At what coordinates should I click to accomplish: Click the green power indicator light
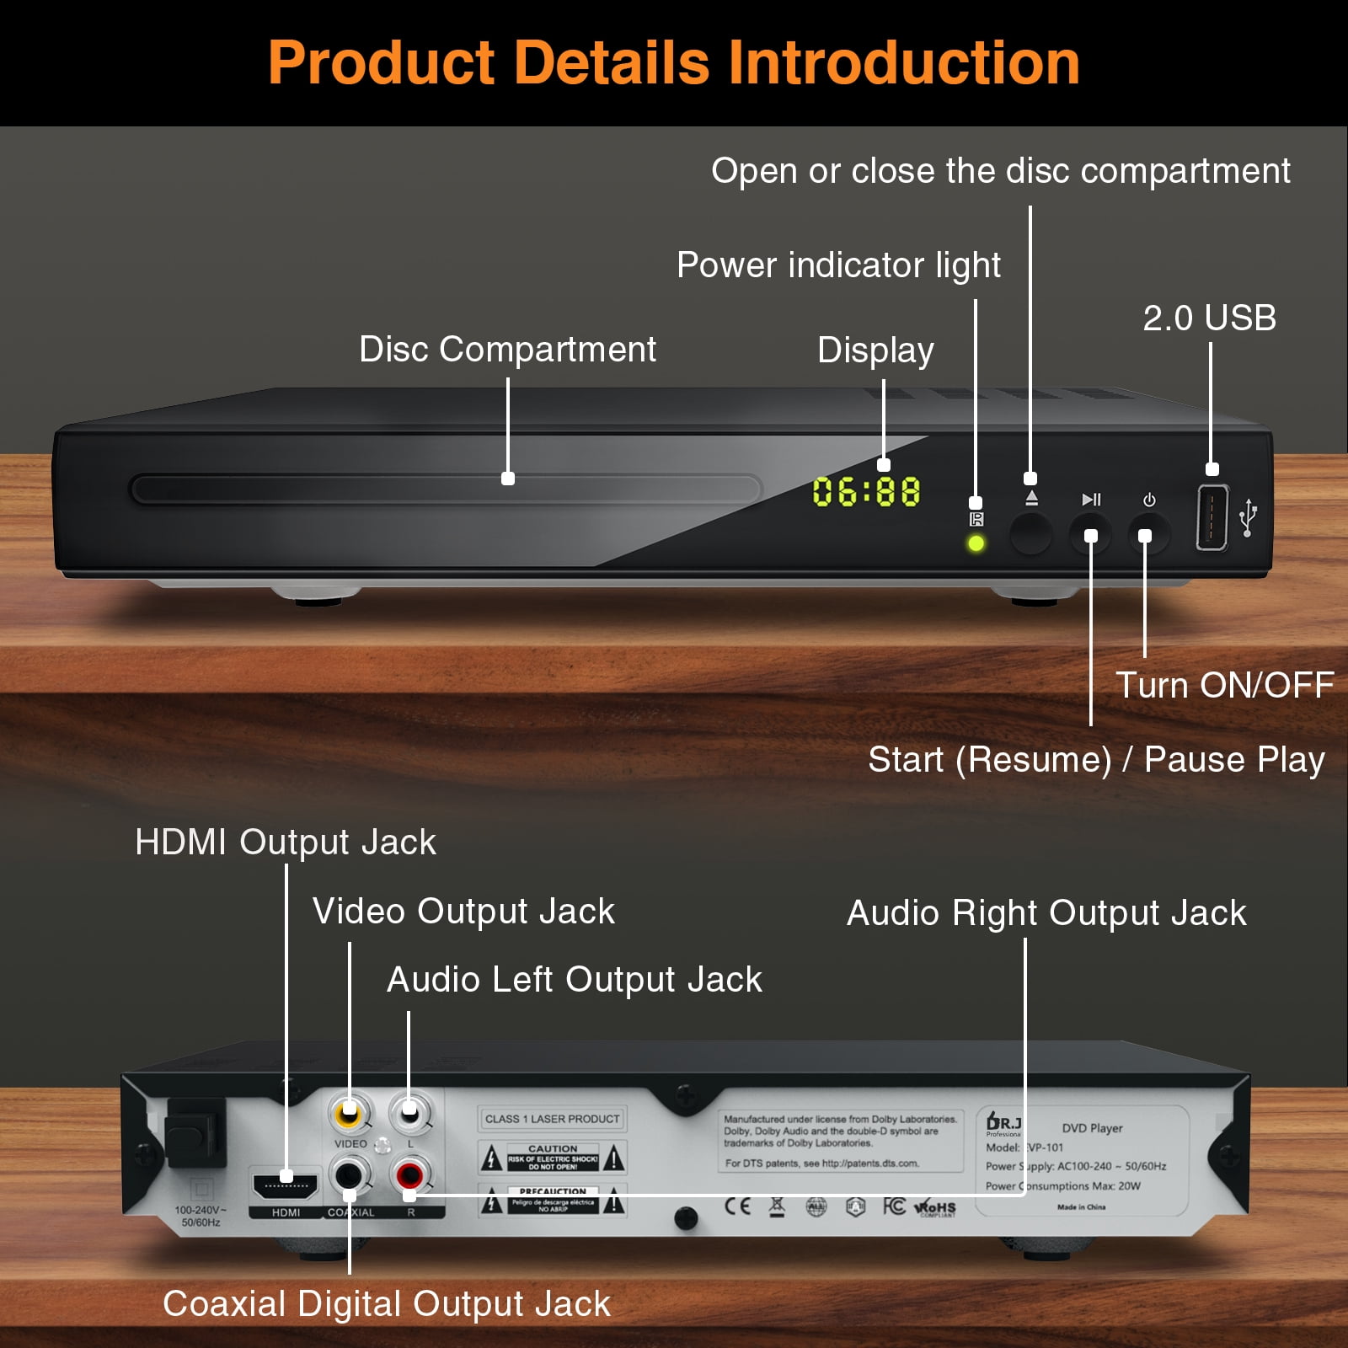pyautogui.click(x=976, y=543)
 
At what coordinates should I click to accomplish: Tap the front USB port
pyautogui.click(x=1212, y=518)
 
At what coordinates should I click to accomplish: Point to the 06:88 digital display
pyautogui.click(x=866, y=492)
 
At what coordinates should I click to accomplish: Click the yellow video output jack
pyautogui.click(x=349, y=1114)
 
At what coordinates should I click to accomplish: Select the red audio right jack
pyautogui.click(x=409, y=1174)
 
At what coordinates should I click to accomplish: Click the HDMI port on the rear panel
pyautogui.click(x=286, y=1185)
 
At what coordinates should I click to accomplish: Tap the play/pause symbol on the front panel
pyautogui.click(x=1091, y=500)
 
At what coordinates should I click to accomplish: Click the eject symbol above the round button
pyautogui.click(x=1031, y=499)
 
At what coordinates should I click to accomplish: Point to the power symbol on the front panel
pyautogui.click(x=1148, y=500)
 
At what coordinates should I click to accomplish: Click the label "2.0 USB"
pyautogui.click(x=1209, y=318)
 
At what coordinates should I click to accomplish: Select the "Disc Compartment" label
pyautogui.click(x=507, y=350)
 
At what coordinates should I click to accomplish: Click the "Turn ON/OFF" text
pyautogui.click(x=1224, y=685)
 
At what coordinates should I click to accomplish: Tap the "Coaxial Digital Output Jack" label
pyautogui.click(x=387, y=1303)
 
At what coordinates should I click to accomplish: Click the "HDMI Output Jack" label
pyautogui.click(x=286, y=842)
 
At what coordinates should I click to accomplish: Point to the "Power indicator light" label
pyautogui.click(x=838, y=265)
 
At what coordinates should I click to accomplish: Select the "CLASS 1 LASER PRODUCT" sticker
pyautogui.click(x=552, y=1119)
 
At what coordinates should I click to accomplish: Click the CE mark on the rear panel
pyautogui.click(x=737, y=1206)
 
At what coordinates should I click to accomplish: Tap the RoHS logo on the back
pyautogui.click(x=935, y=1207)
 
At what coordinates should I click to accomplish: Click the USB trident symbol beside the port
pyautogui.click(x=1249, y=517)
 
